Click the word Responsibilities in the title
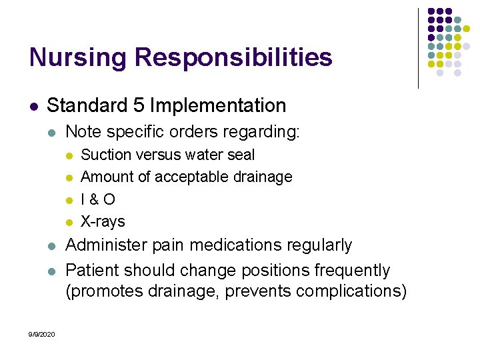coord(233,57)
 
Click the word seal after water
coord(242,155)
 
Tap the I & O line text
coord(97,199)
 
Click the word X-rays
coord(103,221)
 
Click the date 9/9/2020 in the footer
coord(43,334)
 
